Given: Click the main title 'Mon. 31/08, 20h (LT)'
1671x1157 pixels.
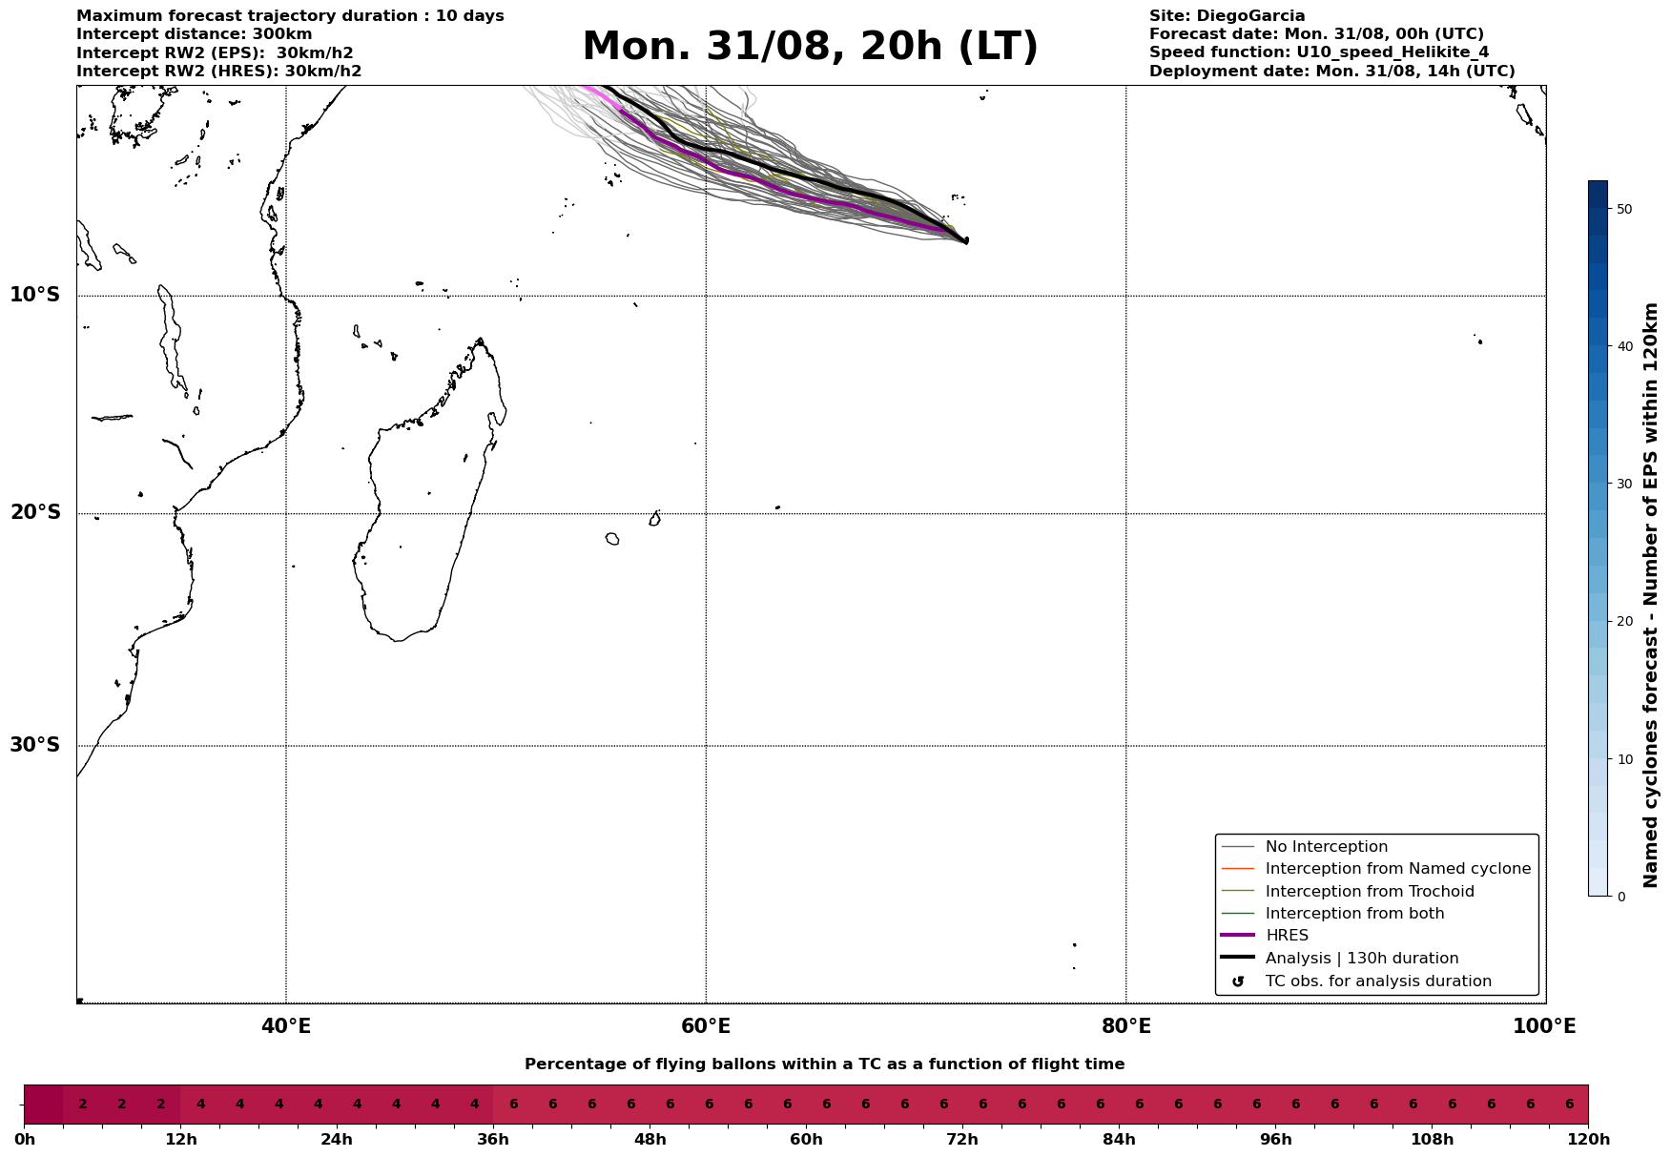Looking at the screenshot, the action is click(810, 47).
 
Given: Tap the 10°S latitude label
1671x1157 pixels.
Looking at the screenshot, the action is click(34, 295).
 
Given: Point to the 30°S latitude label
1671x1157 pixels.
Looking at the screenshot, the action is click(34, 745).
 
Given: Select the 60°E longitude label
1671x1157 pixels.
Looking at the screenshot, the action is click(706, 1026).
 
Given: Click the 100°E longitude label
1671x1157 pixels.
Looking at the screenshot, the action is click(1544, 1026).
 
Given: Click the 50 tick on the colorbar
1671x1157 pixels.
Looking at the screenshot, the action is click(1619, 209).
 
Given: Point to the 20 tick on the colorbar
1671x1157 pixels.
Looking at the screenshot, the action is click(1619, 622).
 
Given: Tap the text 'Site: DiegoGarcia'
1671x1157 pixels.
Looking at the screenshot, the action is click(1227, 16).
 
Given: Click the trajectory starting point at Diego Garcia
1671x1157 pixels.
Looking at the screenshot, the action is click(966, 240).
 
